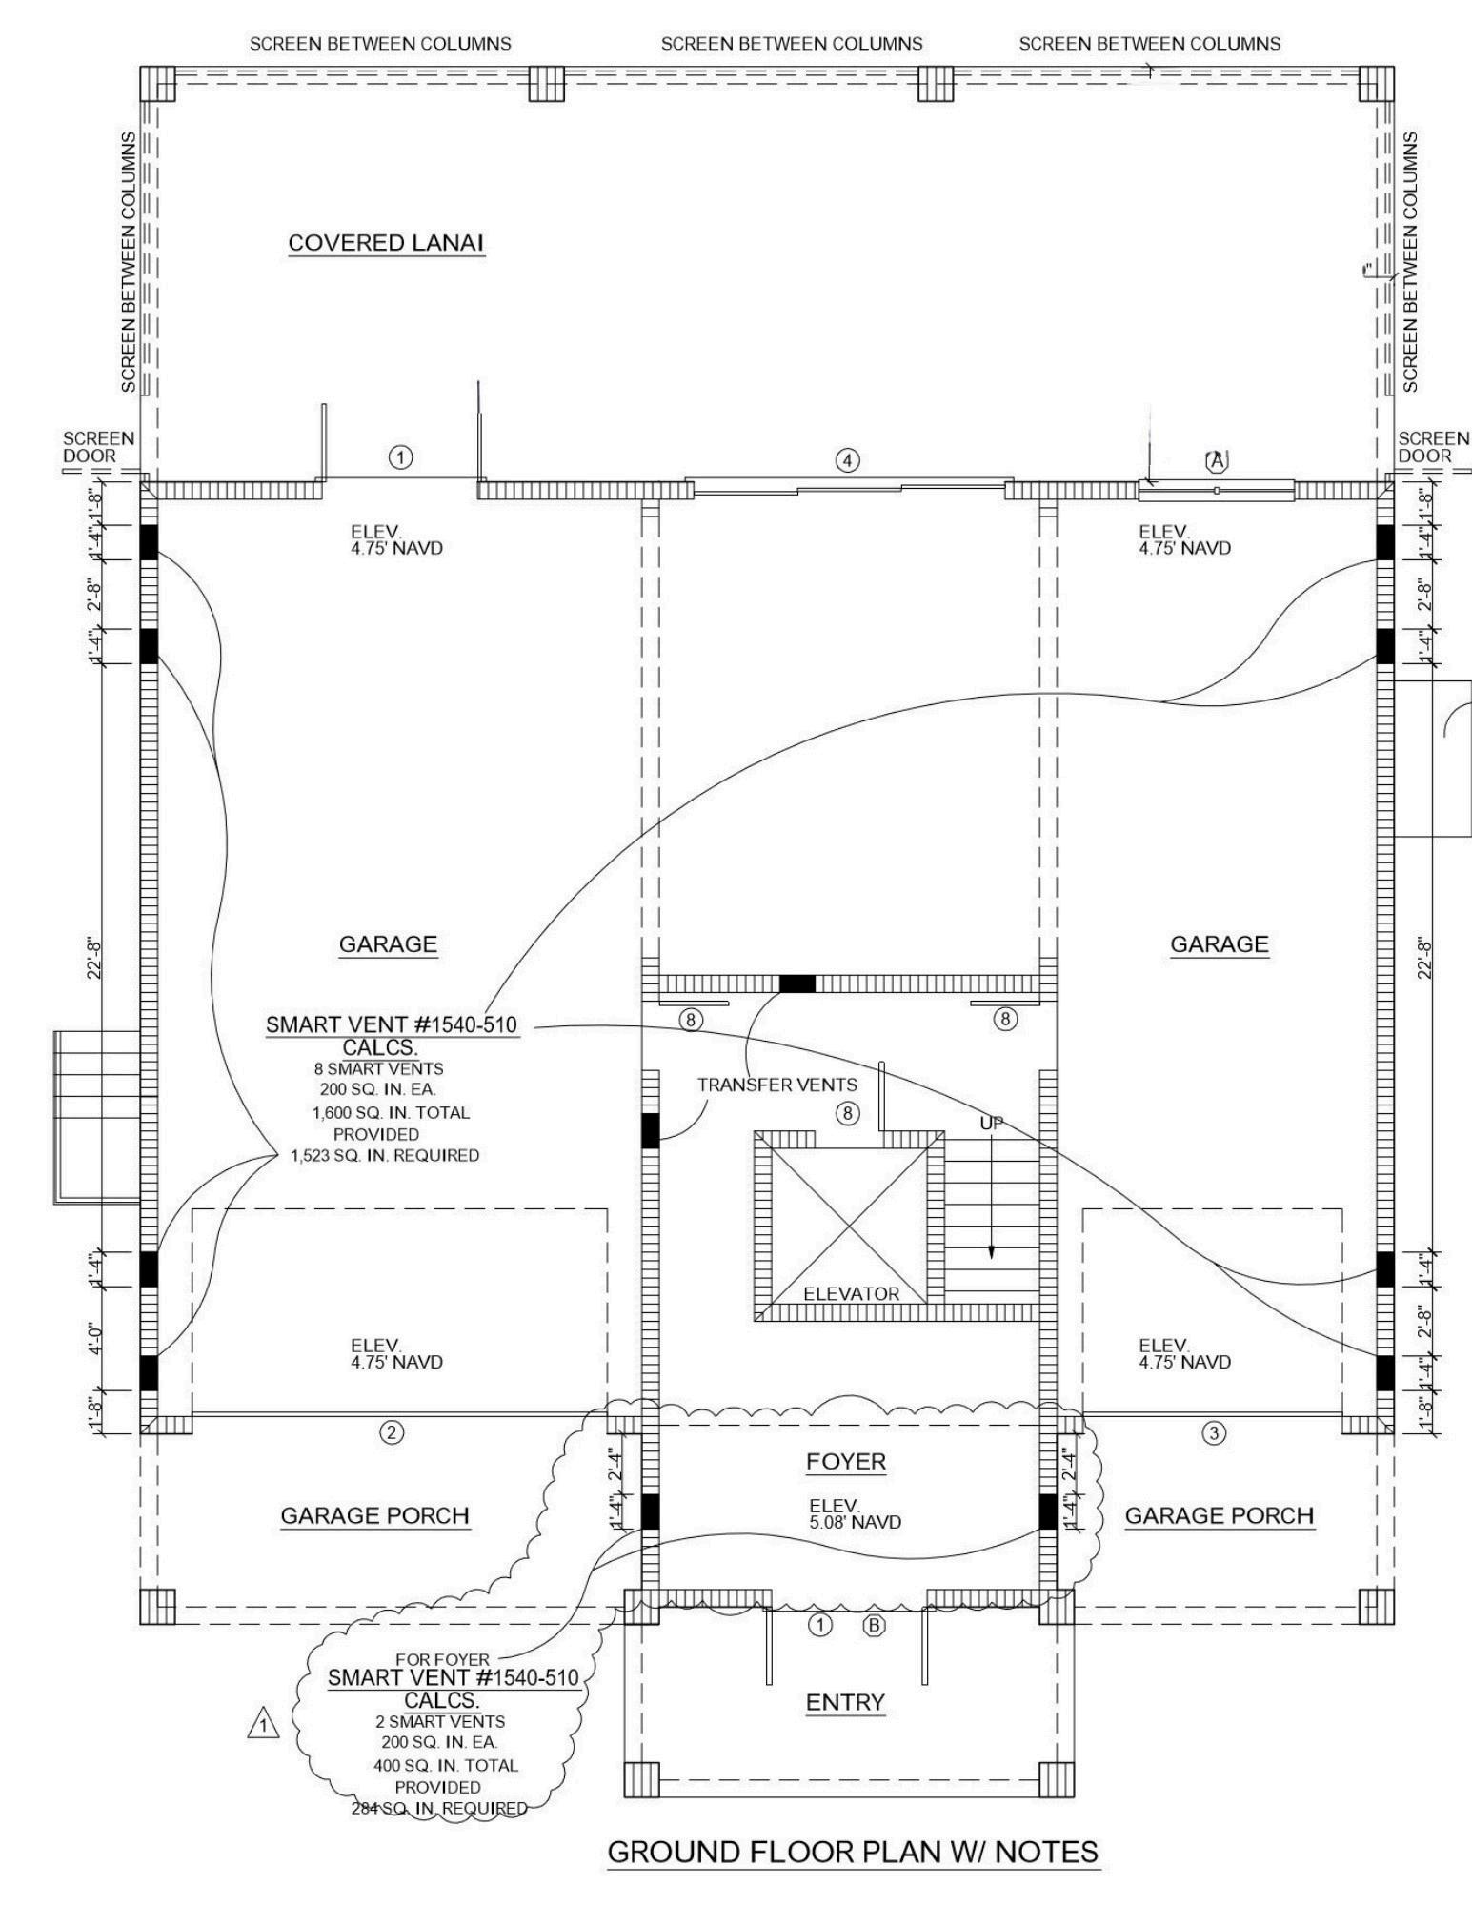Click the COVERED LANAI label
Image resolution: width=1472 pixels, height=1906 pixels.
(x=386, y=243)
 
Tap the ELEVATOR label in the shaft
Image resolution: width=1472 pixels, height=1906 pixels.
(x=851, y=1293)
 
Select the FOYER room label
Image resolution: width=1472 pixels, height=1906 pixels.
(x=845, y=1462)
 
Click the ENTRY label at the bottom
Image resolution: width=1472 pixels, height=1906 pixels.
(x=845, y=1702)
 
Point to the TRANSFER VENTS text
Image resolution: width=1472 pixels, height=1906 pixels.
(x=776, y=1085)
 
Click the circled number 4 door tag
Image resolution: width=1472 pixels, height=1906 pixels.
(x=847, y=460)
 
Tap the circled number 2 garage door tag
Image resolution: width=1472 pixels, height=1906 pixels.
(x=392, y=1431)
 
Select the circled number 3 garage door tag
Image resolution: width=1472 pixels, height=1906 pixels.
(x=1213, y=1431)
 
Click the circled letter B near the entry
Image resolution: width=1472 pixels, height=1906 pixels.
(x=874, y=1626)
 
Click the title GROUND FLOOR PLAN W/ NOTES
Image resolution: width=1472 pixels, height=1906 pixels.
(x=853, y=1852)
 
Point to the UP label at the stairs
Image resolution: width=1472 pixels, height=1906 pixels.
(x=991, y=1125)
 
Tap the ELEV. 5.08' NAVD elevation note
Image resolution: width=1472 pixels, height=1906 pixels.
(x=855, y=1513)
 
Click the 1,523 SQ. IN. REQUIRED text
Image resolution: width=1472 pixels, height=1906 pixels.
(x=385, y=1156)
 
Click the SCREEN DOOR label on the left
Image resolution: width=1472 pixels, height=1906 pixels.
(x=98, y=447)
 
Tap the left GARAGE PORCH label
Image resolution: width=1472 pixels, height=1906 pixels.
(x=374, y=1515)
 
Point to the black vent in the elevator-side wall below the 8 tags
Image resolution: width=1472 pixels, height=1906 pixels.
(x=650, y=1130)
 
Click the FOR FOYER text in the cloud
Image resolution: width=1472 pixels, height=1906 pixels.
(x=443, y=1659)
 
